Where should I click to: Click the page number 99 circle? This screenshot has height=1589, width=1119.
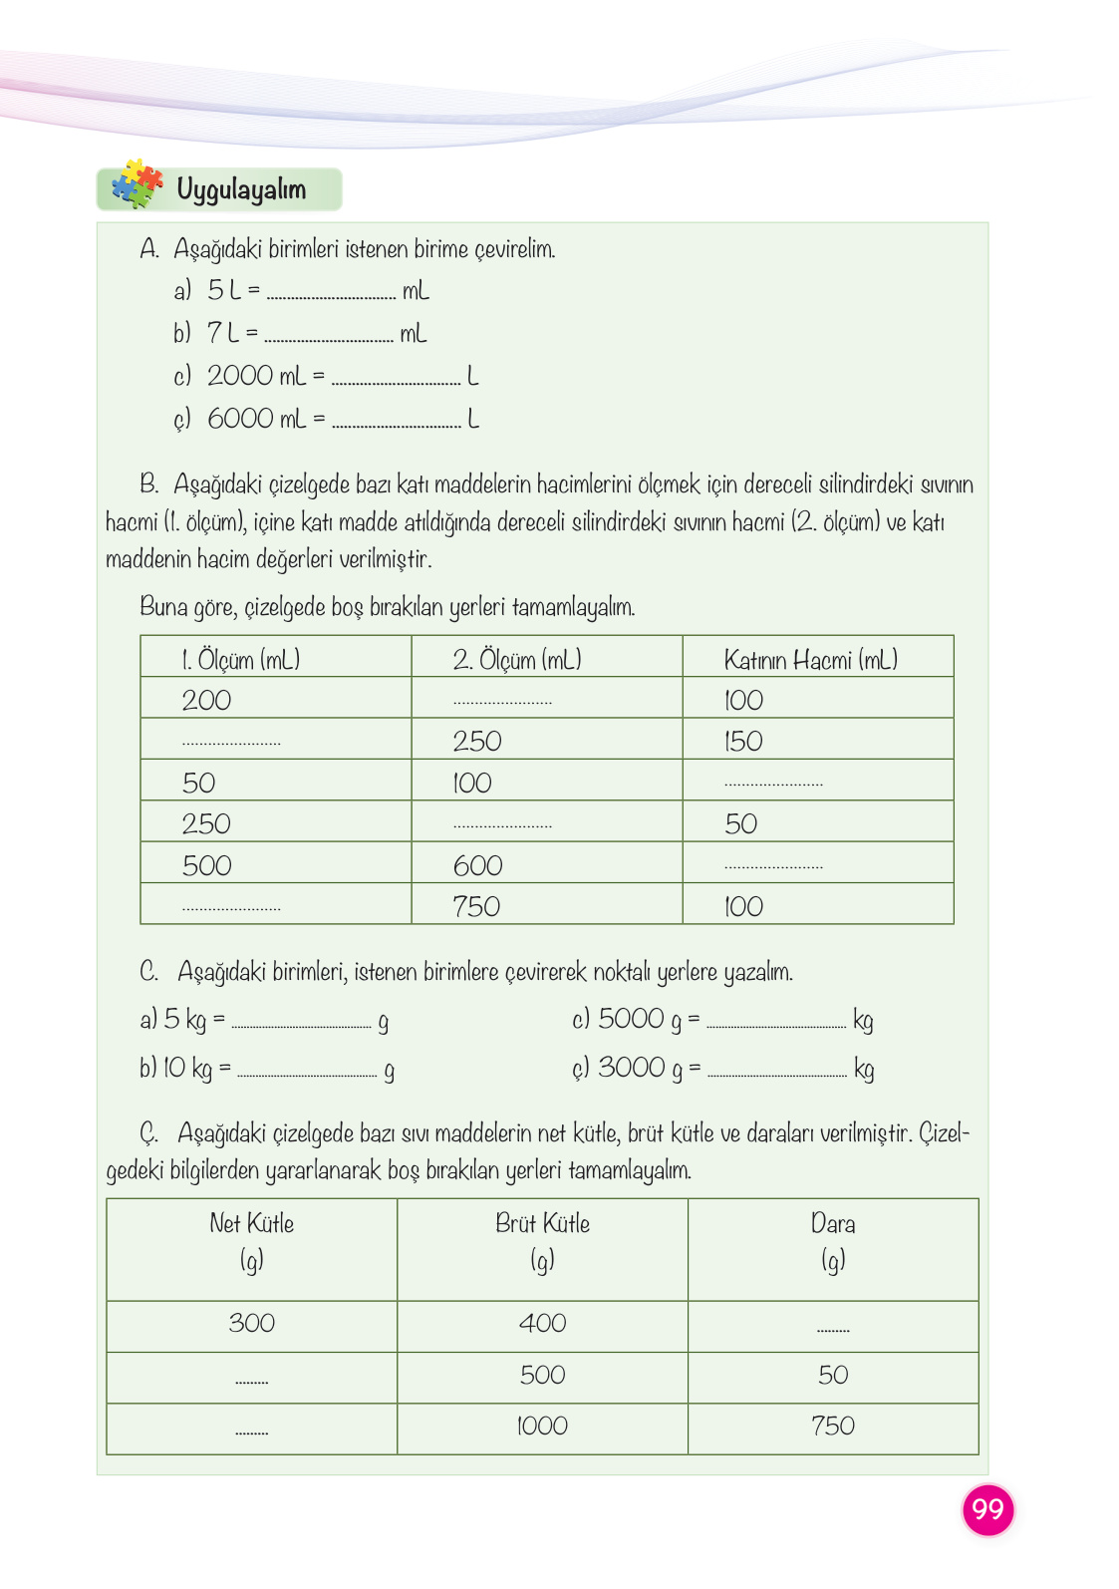click(x=987, y=1509)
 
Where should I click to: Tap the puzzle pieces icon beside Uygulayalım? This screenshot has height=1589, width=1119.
click(x=138, y=184)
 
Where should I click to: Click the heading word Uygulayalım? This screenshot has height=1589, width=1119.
click(x=241, y=188)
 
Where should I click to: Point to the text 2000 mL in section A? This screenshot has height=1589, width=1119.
click(x=256, y=376)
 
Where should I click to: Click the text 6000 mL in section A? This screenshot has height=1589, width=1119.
click(x=256, y=419)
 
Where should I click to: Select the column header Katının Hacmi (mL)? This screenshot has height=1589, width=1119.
click(x=810, y=660)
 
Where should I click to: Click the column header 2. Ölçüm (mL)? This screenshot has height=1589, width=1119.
click(x=516, y=660)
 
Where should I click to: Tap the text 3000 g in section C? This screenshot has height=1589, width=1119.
click(x=640, y=1068)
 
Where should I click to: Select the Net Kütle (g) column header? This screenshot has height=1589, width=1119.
click(x=251, y=1242)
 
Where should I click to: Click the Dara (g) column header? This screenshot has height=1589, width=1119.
click(x=833, y=1242)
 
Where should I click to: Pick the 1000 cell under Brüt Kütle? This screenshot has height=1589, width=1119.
click(x=542, y=1427)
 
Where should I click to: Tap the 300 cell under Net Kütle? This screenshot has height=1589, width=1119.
click(x=251, y=1323)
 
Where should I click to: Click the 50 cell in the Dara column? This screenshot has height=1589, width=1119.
click(x=833, y=1376)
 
